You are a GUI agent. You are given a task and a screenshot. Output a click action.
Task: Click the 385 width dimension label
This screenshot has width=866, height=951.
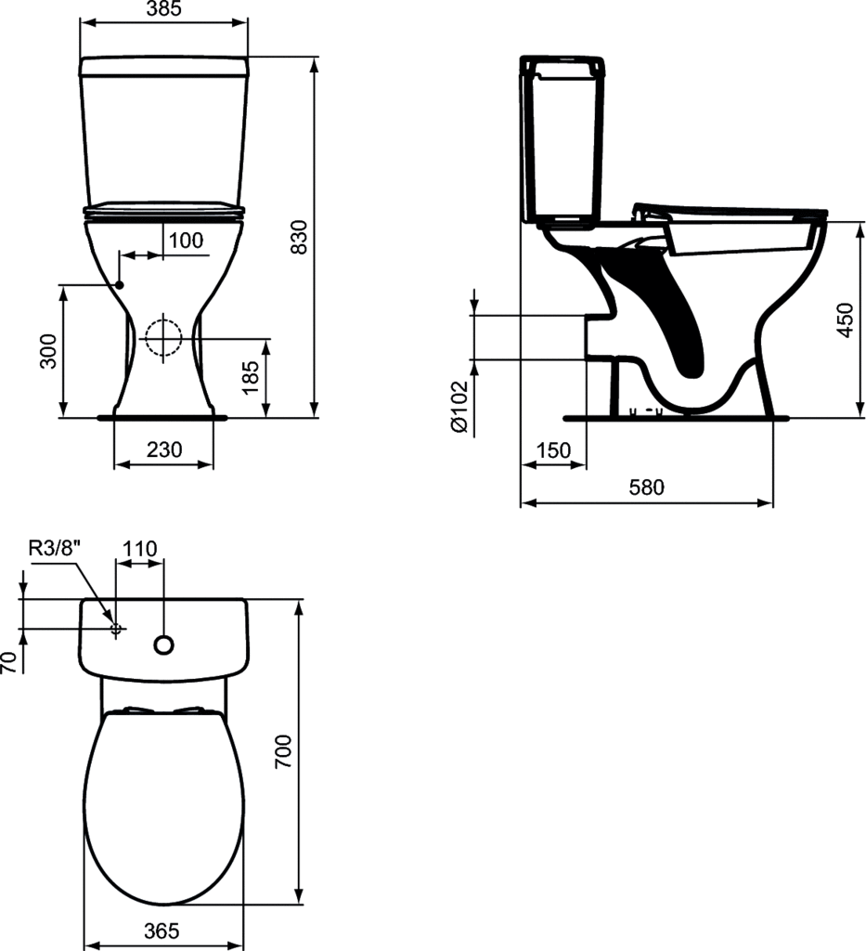164,8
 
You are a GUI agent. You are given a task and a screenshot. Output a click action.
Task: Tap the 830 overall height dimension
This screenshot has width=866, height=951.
300,237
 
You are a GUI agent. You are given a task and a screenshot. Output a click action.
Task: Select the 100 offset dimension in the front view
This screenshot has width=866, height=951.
186,241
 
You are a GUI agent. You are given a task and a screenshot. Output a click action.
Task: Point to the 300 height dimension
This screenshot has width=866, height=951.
47,351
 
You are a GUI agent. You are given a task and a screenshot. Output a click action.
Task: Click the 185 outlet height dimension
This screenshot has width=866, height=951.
250,377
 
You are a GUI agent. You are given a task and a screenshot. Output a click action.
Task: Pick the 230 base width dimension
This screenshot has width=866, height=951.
164,449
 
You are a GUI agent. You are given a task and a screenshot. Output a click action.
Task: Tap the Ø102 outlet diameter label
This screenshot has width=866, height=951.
459,407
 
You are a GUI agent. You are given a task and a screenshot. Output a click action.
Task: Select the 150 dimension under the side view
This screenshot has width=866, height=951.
553,450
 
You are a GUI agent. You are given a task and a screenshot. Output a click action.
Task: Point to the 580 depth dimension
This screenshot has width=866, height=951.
646,487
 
